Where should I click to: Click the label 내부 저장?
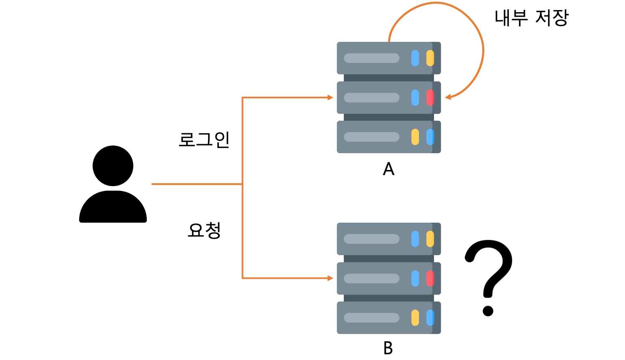point(531,18)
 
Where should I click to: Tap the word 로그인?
point(204,140)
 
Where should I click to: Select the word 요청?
point(204,230)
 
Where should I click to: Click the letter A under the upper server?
point(388,169)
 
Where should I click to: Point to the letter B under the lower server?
point(388,348)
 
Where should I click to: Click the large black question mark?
point(489,272)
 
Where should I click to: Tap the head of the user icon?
point(113,166)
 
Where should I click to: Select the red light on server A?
point(430,98)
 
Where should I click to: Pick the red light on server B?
point(430,278)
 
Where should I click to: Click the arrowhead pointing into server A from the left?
point(330,98)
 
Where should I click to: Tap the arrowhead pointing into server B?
point(330,278)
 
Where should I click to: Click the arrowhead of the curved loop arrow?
point(448,97)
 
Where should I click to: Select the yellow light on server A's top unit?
point(430,58)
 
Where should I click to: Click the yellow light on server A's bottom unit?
point(415,137)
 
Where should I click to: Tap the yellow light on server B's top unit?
point(430,239)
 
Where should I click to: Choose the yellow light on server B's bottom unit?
point(415,318)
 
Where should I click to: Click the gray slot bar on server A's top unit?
point(371,58)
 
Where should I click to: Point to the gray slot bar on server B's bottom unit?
point(371,318)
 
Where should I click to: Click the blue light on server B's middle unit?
point(415,278)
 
